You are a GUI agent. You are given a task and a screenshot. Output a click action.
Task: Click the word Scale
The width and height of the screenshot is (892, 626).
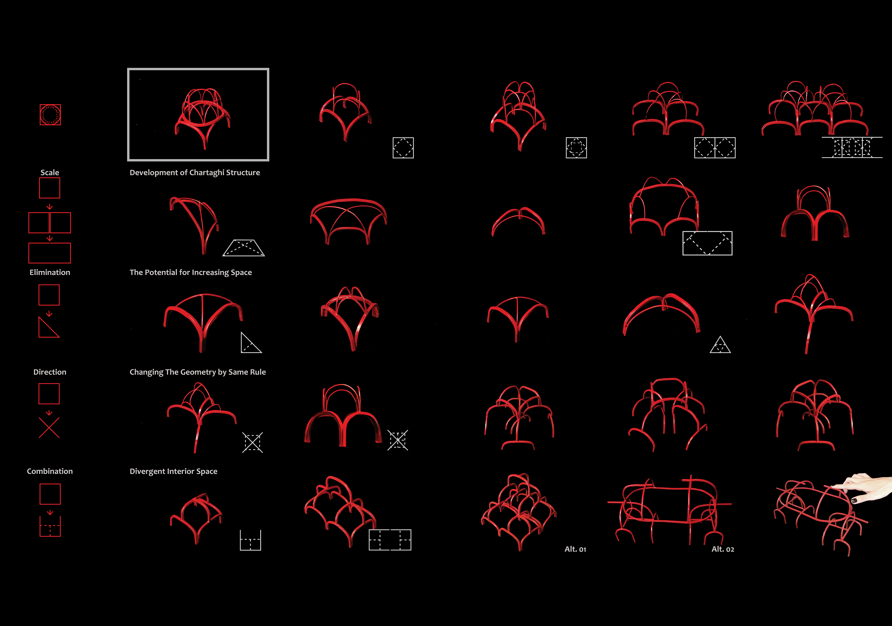coord(50,172)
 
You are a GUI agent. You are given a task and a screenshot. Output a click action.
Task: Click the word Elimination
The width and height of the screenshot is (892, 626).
coord(50,272)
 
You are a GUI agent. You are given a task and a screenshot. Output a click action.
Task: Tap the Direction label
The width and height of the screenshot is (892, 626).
coord(50,372)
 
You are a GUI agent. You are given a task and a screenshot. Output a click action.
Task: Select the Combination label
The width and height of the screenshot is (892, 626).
coord(50,471)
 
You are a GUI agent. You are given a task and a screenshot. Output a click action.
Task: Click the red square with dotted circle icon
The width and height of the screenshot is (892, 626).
coord(50,115)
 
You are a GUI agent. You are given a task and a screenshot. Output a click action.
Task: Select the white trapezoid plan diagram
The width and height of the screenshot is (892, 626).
coord(244,248)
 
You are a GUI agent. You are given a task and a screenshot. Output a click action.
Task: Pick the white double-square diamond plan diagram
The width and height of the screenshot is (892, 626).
coord(715,148)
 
